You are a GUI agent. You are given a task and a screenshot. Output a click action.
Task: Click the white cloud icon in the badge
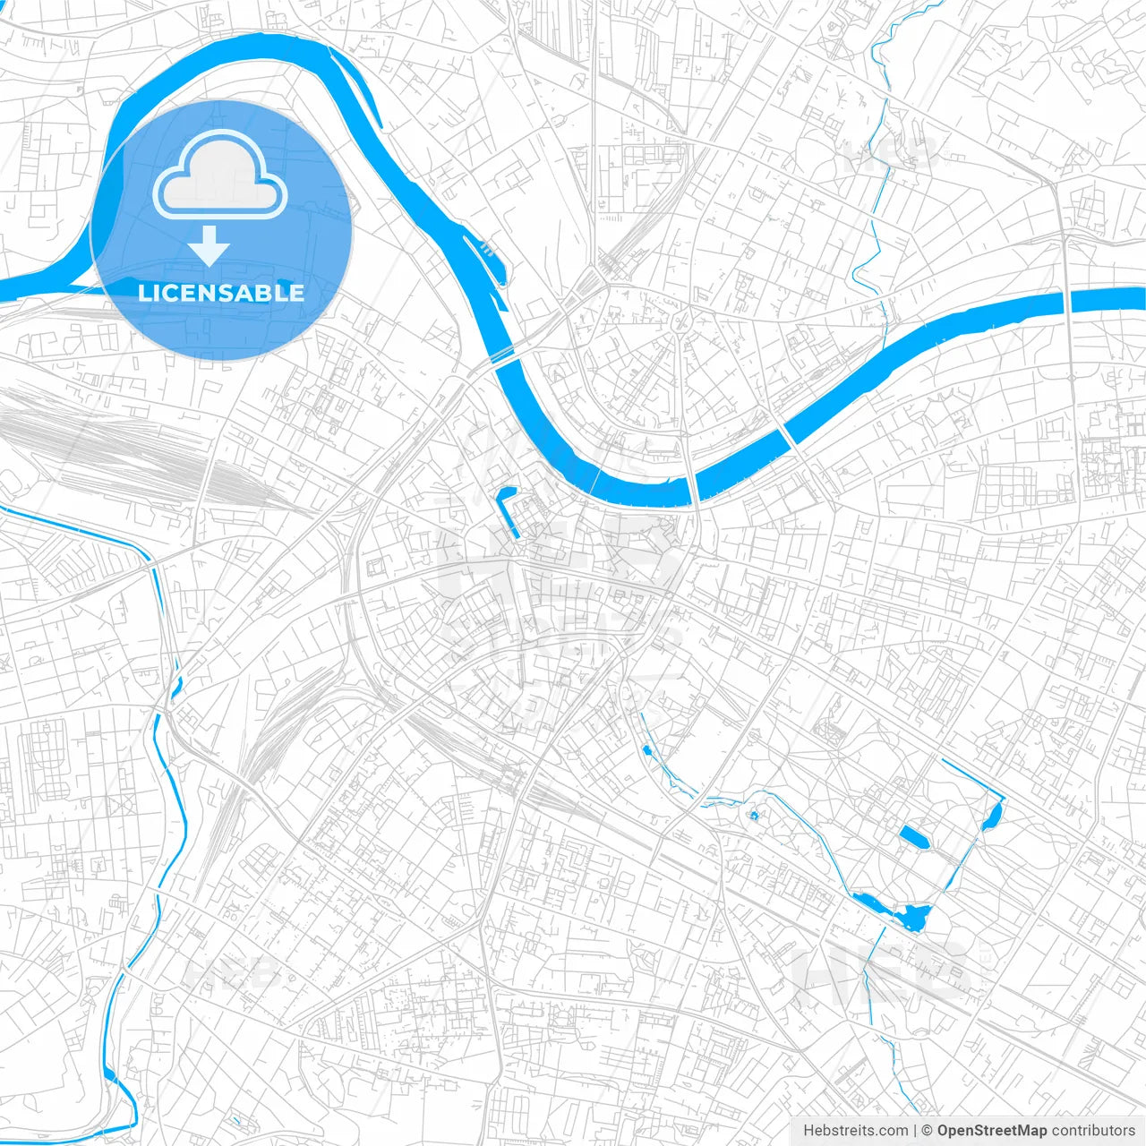tap(220, 174)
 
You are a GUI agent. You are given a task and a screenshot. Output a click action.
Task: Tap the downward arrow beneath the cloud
tap(210, 245)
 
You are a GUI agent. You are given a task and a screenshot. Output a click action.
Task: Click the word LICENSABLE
tap(220, 293)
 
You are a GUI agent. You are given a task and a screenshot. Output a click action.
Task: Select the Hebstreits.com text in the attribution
tap(855, 1130)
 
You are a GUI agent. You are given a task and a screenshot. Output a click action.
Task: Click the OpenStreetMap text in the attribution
tap(992, 1130)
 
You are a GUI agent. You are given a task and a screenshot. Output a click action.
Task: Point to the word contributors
tap(1093, 1130)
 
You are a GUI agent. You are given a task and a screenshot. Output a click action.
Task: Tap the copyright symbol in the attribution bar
tap(928, 1130)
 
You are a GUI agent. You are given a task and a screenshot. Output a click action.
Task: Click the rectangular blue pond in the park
tap(914, 837)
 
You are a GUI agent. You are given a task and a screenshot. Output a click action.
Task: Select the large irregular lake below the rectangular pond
tap(914, 916)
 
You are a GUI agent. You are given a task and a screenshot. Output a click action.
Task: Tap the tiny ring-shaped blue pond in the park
tap(754, 816)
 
